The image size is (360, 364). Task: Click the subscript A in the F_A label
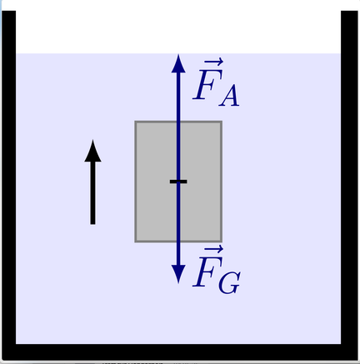(x=229, y=96)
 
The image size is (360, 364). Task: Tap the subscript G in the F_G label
(x=230, y=282)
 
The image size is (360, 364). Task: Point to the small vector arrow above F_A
(x=213, y=62)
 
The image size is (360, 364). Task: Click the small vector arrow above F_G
(x=213, y=249)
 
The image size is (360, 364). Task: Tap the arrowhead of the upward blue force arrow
(x=178, y=63)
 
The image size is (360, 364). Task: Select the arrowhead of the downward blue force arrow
(x=178, y=274)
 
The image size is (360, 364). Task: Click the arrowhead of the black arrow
(x=92, y=151)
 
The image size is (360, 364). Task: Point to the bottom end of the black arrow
(x=92, y=224)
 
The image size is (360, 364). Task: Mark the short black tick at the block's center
(x=178, y=182)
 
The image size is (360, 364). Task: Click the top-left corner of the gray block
(x=135, y=121)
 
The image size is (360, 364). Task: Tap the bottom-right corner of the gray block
(x=222, y=242)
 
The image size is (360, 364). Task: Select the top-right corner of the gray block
(x=222, y=121)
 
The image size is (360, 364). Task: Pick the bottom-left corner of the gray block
(x=135, y=242)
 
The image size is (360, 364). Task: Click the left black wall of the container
(x=8, y=177)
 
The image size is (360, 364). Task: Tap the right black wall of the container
(x=349, y=177)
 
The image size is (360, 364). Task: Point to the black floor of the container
(x=180, y=352)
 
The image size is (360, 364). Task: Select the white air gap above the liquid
(x=178, y=32)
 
